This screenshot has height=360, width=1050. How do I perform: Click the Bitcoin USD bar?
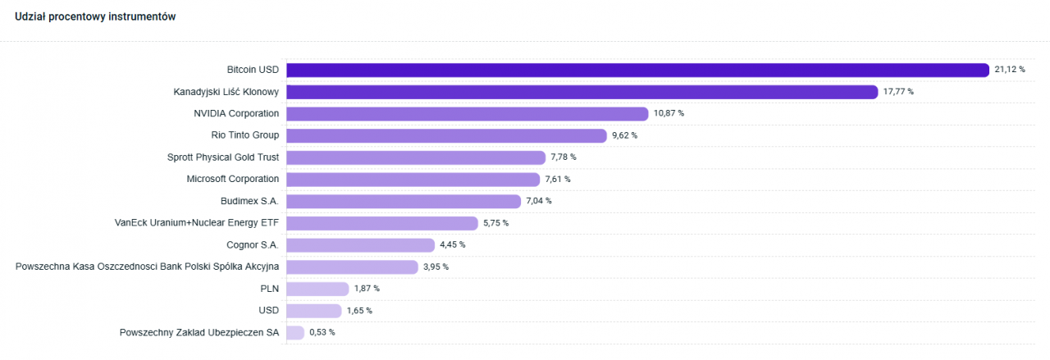click(x=637, y=70)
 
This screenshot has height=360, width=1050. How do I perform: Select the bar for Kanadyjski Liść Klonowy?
click(x=582, y=92)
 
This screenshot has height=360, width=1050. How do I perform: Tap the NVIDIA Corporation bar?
click(x=467, y=114)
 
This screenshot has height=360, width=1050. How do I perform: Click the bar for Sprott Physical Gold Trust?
click(x=415, y=157)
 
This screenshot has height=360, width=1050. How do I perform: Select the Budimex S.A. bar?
click(x=403, y=201)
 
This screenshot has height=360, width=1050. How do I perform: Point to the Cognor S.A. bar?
click(x=360, y=245)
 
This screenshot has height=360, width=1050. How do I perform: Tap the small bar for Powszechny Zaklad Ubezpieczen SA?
click(x=295, y=332)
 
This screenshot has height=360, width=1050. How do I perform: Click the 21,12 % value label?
click(x=1010, y=70)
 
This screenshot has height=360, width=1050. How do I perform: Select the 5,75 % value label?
click(x=495, y=223)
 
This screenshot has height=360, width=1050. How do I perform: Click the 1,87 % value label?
click(x=367, y=289)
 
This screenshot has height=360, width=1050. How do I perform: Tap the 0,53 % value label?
click(x=322, y=332)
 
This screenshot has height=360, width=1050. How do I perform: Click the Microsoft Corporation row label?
click(x=233, y=179)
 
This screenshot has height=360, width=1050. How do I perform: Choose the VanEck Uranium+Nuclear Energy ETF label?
click(x=197, y=222)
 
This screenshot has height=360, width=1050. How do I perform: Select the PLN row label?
click(x=269, y=288)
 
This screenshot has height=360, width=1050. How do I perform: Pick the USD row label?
click(x=268, y=310)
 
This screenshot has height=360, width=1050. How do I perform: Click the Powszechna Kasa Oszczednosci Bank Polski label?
click(x=148, y=267)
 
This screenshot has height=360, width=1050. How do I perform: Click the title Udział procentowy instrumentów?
click(x=96, y=17)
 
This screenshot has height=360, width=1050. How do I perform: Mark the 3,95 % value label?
click(x=436, y=267)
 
